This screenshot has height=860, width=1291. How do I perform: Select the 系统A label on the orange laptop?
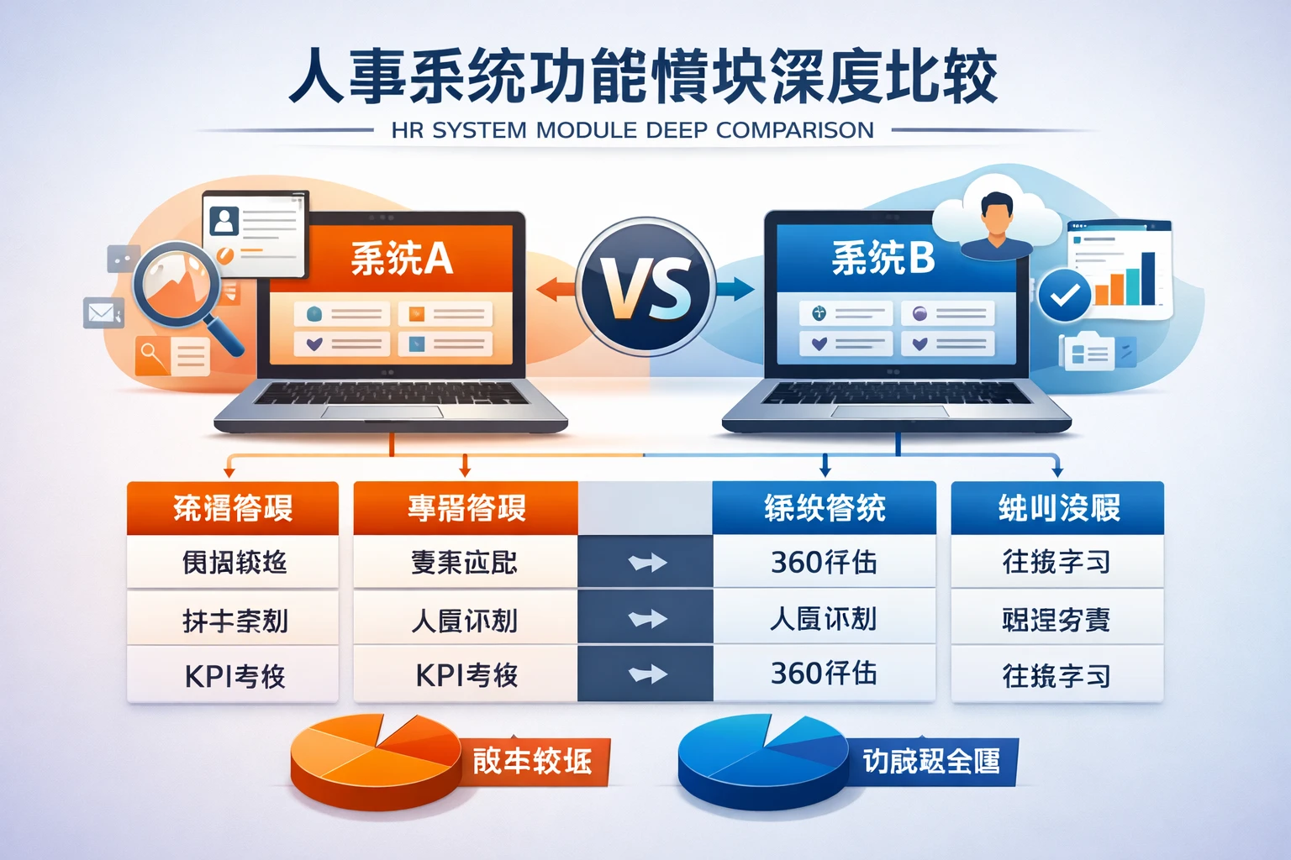pos(402,259)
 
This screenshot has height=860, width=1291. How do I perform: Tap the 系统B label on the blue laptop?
pos(883,259)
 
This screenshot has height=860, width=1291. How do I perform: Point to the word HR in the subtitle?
pos(407,130)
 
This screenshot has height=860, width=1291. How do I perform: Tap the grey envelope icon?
pos(103,313)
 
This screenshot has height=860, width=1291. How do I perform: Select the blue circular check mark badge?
pos(1064,295)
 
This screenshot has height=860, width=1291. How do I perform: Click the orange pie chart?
pos(375,759)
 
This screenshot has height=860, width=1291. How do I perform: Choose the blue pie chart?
pos(761,761)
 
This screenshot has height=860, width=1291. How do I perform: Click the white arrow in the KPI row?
pos(646,674)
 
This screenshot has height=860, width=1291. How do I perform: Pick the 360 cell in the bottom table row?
pos(824,674)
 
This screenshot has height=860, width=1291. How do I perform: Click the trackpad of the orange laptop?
pos(382,412)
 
